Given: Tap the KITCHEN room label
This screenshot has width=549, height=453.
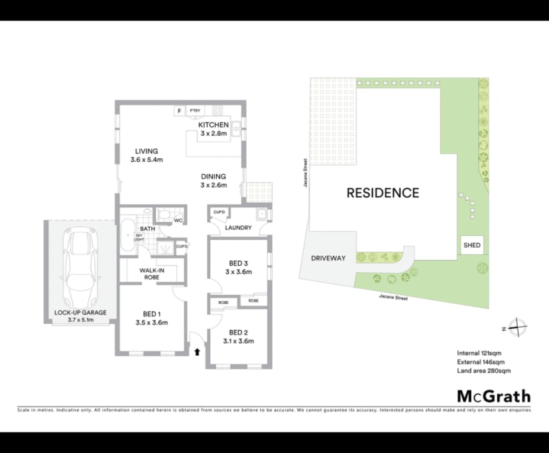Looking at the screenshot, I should (x=213, y=125).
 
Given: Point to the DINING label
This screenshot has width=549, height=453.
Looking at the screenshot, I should (x=213, y=176).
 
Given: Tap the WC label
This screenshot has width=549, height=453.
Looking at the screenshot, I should (x=178, y=221).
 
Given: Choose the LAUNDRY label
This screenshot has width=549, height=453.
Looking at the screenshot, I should (x=238, y=228).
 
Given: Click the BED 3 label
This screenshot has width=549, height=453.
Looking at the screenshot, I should (x=238, y=262).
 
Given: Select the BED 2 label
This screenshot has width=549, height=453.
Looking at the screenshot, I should (x=239, y=332).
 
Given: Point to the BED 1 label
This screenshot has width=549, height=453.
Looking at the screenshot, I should (x=151, y=314).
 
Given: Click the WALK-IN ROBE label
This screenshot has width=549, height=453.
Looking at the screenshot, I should (x=151, y=274).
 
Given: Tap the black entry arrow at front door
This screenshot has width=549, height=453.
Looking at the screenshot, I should (x=197, y=352).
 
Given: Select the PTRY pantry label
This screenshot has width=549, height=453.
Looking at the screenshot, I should (x=194, y=111).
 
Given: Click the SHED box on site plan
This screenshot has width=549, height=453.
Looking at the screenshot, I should (x=472, y=245).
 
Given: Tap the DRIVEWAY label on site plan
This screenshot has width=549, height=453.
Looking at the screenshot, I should (x=328, y=258).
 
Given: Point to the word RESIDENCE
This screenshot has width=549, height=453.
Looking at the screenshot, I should (x=383, y=193).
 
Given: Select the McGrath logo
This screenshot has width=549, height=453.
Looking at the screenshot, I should (x=494, y=396).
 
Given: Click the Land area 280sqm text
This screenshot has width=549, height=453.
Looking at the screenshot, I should (x=483, y=371).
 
